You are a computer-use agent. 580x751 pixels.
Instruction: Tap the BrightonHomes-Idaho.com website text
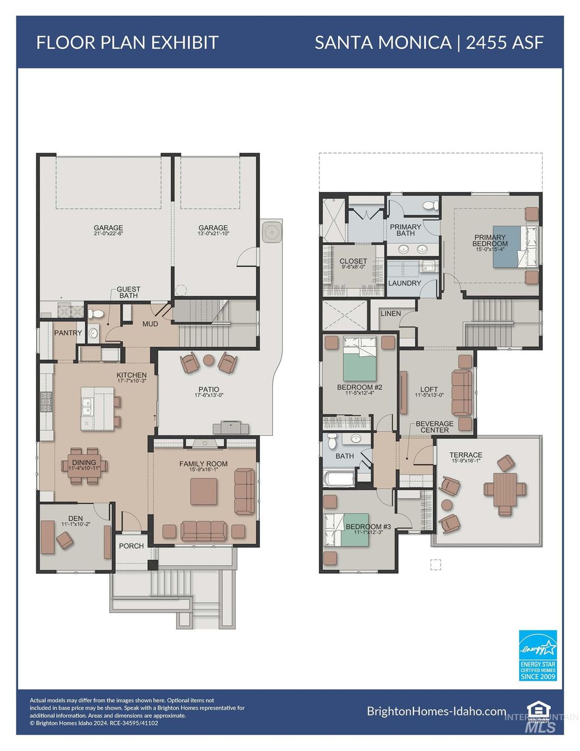[436, 711]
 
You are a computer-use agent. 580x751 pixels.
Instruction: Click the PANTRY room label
[68, 333]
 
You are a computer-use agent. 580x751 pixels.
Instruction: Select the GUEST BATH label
[129, 292]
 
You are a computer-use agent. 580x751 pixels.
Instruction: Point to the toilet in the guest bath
[97, 313]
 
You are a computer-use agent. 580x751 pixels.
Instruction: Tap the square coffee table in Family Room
[203, 491]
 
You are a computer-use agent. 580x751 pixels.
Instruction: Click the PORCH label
[131, 546]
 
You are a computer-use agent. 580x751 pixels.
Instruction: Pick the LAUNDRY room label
[404, 283]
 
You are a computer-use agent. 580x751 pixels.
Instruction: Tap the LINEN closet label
[391, 313]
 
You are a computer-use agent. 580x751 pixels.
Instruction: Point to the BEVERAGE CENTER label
[434, 427]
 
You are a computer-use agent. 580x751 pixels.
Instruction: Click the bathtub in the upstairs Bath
[339, 477]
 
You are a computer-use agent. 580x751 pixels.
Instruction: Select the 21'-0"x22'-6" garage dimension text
[108, 234]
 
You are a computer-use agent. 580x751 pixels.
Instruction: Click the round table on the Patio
[208, 359]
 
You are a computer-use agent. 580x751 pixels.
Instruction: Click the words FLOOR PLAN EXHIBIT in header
[127, 43]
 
